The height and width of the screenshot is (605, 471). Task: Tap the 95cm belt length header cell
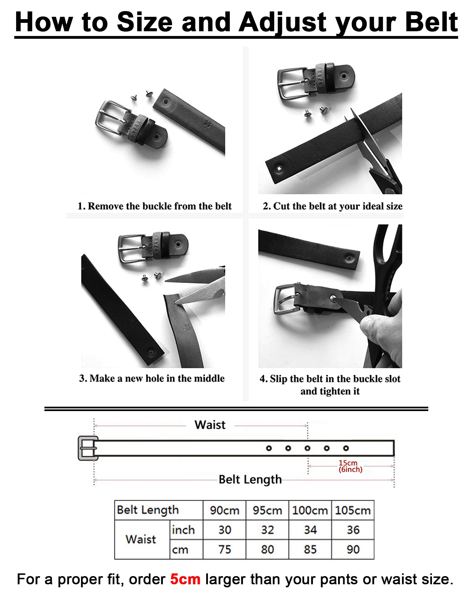coord(267,510)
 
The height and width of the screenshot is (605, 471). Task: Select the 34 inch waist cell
coord(310,530)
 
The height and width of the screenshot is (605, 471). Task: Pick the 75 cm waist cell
coord(225,550)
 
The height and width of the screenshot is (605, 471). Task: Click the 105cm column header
coord(353,510)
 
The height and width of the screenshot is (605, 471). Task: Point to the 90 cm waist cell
coord(353,550)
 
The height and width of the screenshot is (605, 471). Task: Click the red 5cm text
coord(185,579)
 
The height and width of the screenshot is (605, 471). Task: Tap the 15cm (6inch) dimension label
coord(350,466)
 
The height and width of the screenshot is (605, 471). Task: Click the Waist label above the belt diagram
coord(210,425)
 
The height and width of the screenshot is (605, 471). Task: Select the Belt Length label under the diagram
coord(250,479)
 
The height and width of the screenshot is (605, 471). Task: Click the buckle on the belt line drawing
coord(87,448)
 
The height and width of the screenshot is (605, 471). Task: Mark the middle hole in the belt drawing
coord(307,448)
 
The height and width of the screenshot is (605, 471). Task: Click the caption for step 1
coord(154,206)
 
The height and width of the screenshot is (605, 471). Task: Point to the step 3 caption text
coord(152,378)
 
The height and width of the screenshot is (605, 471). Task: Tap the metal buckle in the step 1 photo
coord(111,118)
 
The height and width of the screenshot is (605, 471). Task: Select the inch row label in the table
coord(183,530)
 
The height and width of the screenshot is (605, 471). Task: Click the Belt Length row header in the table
coord(148,510)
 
